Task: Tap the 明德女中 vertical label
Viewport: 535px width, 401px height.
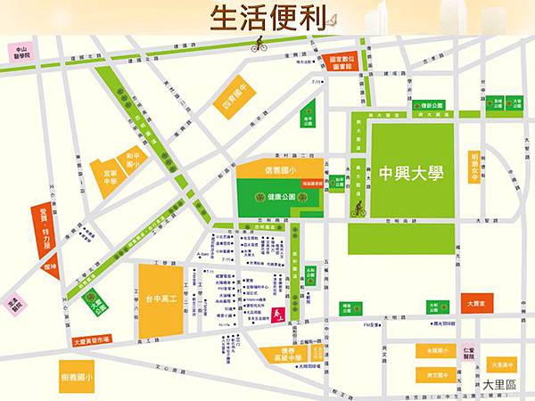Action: (x=474, y=164)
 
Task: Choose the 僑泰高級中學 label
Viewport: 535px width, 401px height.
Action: (x=295, y=356)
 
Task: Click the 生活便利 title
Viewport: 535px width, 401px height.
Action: (x=267, y=18)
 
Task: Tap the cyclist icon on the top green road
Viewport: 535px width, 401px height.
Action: (x=259, y=44)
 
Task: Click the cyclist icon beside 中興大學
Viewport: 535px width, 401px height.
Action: (x=358, y=209)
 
